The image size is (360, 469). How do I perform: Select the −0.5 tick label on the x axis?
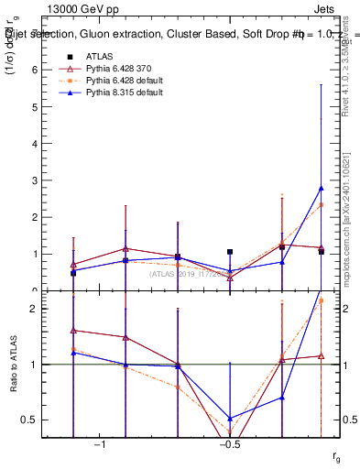point(228,444)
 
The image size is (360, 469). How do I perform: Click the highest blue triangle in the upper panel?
point(321,188)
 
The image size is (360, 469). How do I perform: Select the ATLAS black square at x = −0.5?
point(230,252)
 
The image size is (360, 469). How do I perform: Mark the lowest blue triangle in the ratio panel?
point(230,418)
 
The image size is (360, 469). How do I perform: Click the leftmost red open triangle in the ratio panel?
point(73,331)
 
